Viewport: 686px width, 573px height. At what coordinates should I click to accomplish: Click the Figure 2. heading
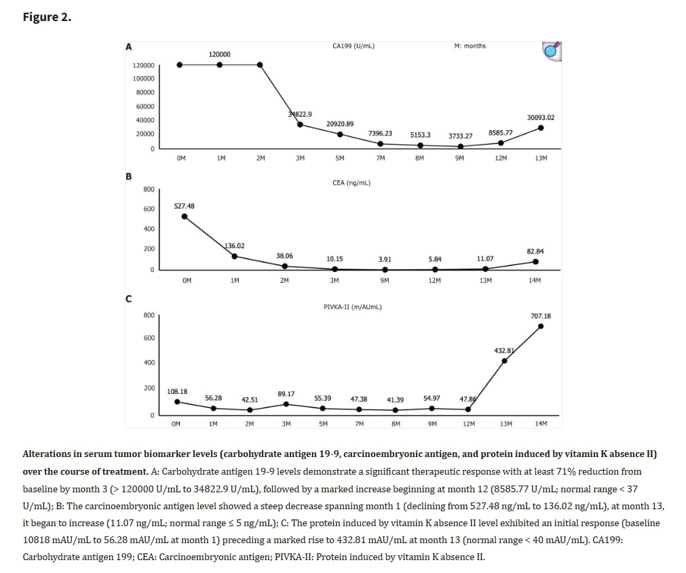click(46, 17)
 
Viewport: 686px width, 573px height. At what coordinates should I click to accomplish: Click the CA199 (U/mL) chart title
click(354, 46)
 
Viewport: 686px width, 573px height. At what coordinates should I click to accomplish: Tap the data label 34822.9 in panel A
click(300, 114)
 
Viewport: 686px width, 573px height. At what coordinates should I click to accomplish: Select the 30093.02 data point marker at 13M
click(541, 127)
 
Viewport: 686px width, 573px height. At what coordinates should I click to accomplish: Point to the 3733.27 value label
click(461, 136)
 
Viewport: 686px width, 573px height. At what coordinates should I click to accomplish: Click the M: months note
click(470, 46)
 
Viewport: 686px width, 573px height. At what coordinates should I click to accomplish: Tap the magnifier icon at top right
click(553, 50)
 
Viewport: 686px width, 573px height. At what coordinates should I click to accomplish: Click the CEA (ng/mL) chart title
click(351, 182)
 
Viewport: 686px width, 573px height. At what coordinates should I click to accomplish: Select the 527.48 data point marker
click(185, 216)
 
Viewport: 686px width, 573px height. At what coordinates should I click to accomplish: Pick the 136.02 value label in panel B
click(235, 245)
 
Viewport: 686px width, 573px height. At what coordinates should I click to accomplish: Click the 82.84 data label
click(535, 251)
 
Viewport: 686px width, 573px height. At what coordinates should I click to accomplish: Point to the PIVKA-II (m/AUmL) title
click(353, 307)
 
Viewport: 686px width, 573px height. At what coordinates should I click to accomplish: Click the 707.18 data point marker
click(541, 326)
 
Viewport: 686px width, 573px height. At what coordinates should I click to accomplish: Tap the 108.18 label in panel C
click(177, 391)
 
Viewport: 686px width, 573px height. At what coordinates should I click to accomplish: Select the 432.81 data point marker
click(504, 361)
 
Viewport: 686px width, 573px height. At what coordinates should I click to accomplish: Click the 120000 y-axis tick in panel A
click(143, 66)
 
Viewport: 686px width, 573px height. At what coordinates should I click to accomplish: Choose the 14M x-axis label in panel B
click(535, 280)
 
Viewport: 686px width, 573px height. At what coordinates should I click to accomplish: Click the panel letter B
click(128, 176)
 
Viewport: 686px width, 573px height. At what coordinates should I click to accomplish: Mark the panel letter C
click(128, 298)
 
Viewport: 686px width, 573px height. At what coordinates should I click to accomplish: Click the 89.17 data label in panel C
click(286, 393)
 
